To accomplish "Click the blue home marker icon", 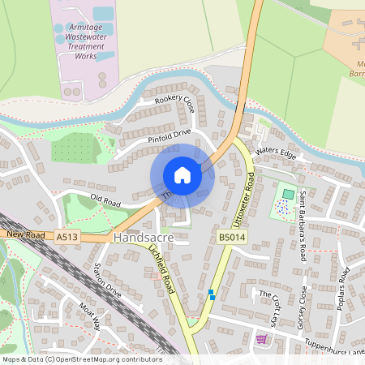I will (182, 175).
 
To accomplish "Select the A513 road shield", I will (68, 237).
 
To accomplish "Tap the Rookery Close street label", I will (175, 105).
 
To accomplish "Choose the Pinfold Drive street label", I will (169, 135).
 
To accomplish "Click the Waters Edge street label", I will (272, 151).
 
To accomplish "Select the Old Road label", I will (105, 199).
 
